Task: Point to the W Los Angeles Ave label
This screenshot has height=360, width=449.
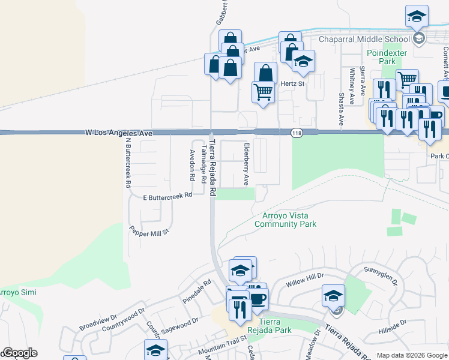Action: tap(119, 132)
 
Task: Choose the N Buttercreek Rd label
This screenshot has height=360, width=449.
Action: tap(128, 163)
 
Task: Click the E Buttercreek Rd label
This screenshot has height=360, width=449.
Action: tap(167, 196)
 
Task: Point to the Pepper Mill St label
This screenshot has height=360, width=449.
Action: tap(150, 230)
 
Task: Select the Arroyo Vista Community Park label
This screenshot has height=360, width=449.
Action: tap(285, 220)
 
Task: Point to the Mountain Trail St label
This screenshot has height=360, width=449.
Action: tap(223, 349)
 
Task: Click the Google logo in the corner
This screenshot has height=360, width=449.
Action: tap(20, 353)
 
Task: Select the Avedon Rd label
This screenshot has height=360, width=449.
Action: tap(193, 166)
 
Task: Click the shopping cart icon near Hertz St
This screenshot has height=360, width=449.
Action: tap(263, 92)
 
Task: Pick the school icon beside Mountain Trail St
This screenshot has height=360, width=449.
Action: tap(155, 349)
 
